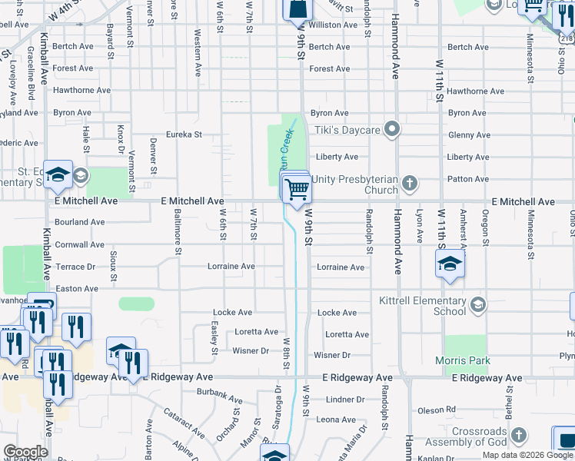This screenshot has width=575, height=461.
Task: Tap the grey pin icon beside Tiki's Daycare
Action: point(392,129)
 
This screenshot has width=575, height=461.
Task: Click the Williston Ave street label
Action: point(334,25)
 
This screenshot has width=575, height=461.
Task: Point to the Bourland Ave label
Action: point(80,222)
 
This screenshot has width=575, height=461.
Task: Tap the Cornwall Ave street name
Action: point(80,245)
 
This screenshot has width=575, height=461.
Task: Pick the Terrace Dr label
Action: point(75,267)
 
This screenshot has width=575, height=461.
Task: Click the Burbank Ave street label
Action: point(220,400)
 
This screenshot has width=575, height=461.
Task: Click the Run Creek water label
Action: point(285,140)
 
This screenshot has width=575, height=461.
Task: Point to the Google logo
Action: point(25,452)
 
